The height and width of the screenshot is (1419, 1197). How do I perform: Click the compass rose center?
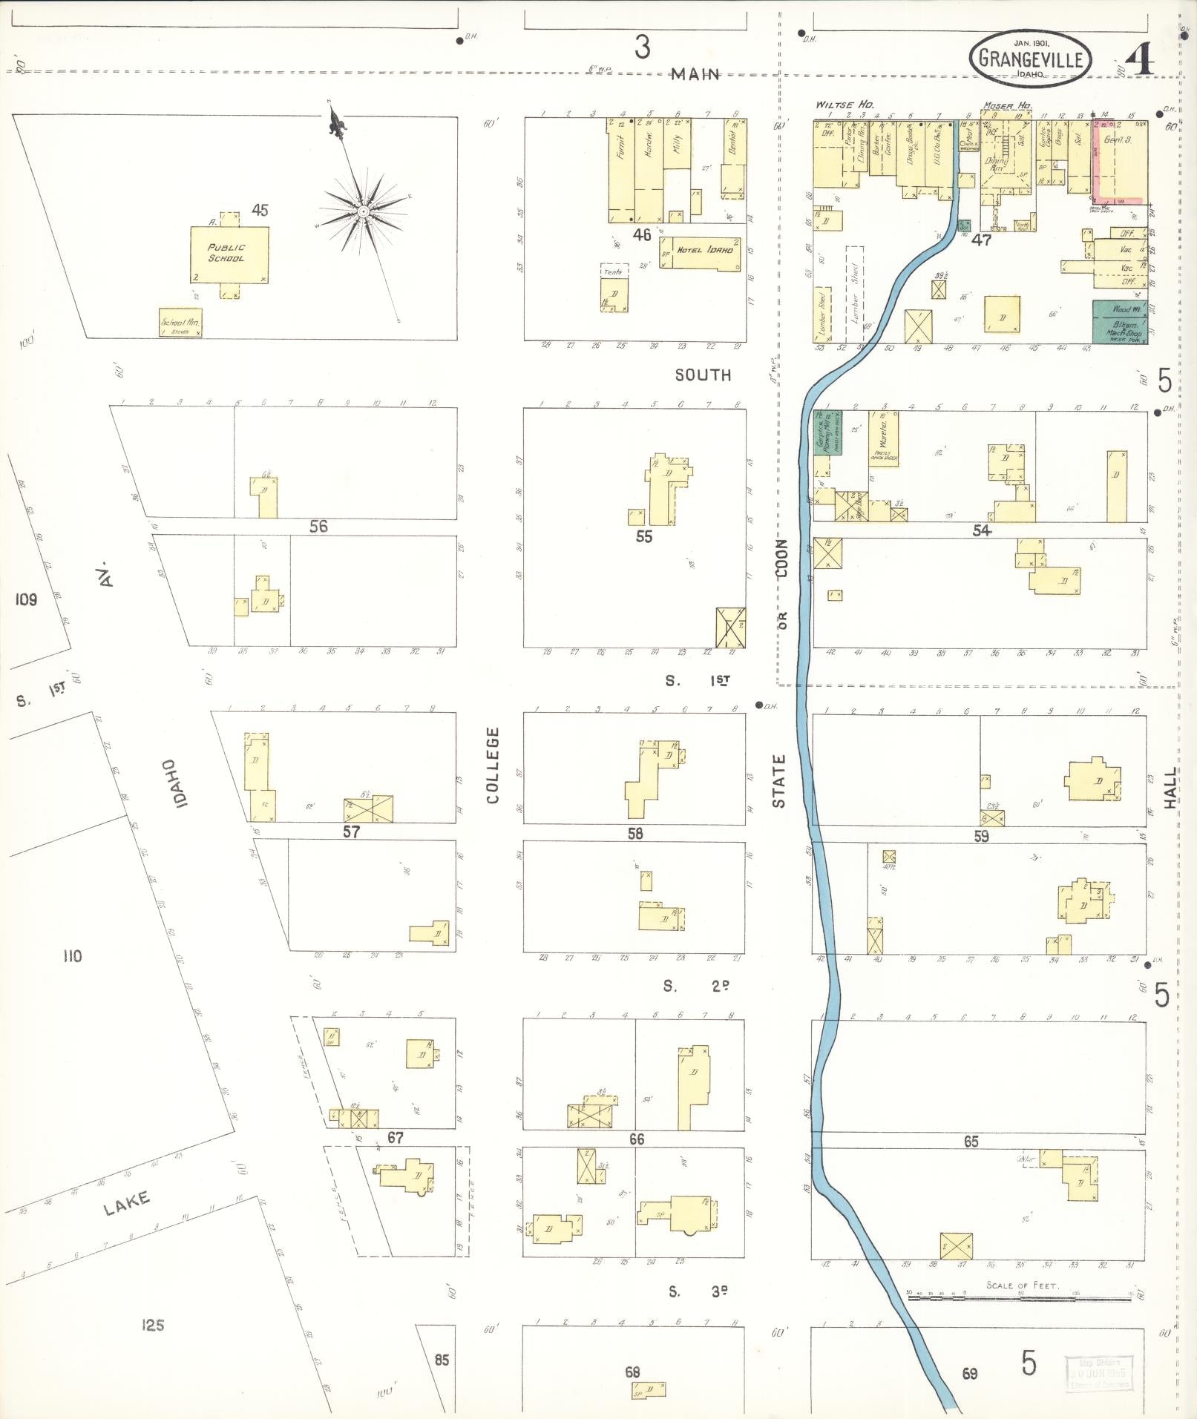point(363,211)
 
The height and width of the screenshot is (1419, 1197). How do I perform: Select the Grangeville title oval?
point(1030,59)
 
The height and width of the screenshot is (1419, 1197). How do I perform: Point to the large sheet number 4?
point(1141,59)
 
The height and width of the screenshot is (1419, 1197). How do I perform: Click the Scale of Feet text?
point(1022,1285)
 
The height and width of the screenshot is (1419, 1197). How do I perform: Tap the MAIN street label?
point(695,74)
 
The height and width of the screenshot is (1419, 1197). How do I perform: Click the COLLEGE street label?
point(493,765)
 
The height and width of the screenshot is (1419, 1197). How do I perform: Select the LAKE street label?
point(127,1203)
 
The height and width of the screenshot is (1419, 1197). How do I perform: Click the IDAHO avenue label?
point(170,783)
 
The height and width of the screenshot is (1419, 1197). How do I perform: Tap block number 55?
point(643,536)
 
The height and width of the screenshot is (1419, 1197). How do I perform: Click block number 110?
point(72,956)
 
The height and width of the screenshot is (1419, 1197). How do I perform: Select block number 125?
point(152,1325)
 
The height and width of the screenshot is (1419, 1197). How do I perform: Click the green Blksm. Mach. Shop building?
point(1119,322)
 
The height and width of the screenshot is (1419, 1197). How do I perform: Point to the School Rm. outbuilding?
point(181,323)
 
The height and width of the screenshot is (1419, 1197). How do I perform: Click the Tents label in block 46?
point(613,271)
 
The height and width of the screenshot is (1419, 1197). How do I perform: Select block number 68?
point(632,1372)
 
